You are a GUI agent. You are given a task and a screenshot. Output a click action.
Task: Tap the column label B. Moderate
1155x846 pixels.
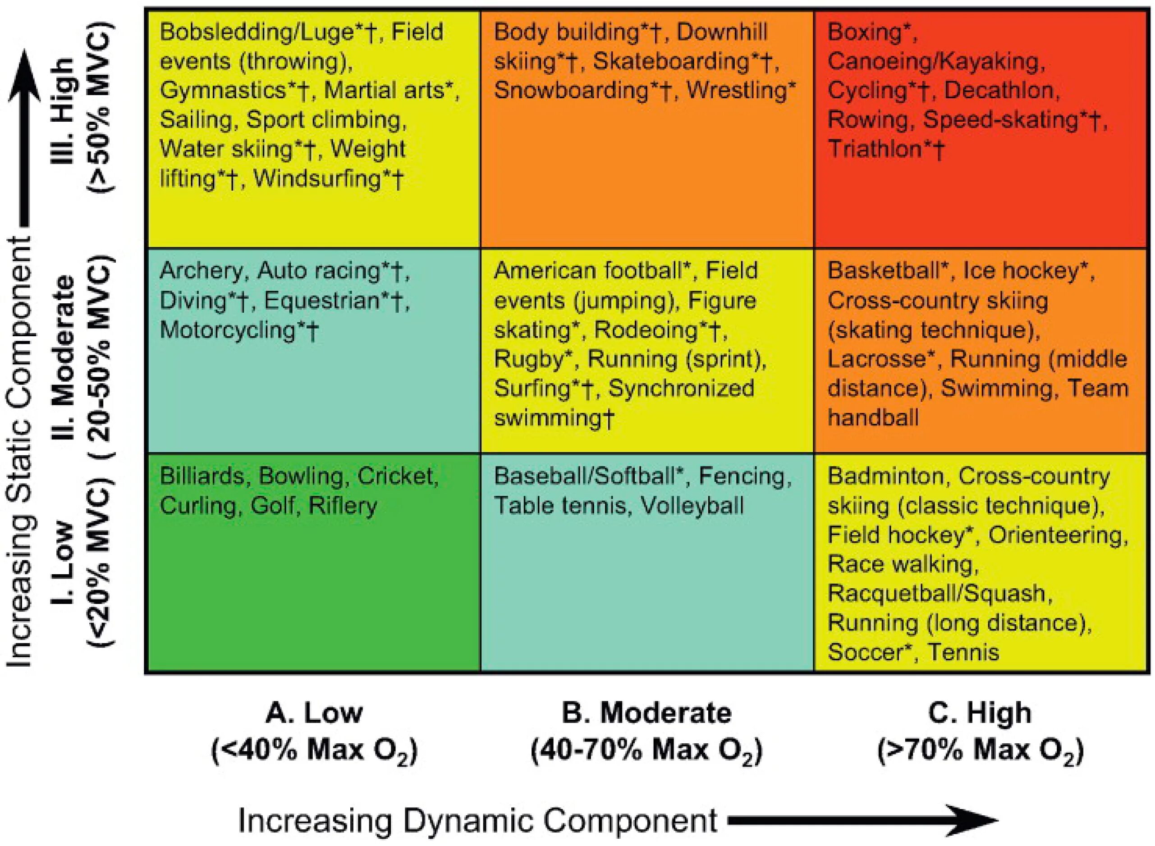click(x=646, y=713)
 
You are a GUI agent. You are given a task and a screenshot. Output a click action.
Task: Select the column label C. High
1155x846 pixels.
click(x=980, y=713)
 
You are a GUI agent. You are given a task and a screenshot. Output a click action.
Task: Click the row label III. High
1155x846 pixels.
click(x=65, y=110)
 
